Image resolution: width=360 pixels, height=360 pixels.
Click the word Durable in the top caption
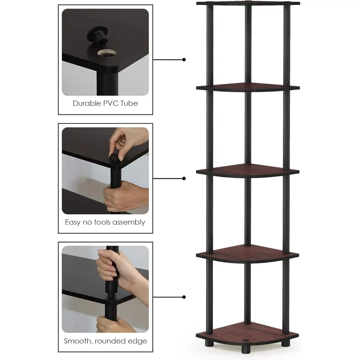[x=86, y=103]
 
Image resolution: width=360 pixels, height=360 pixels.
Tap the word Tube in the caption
[x=130, y=103]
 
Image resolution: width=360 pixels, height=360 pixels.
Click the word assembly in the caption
[x=128, y=222]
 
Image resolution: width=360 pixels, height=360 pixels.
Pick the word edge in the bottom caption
[x=138, y=341]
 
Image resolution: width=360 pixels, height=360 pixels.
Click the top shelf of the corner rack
[x=248, y=4]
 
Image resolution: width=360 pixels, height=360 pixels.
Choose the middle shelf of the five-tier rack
[x=248, y=171]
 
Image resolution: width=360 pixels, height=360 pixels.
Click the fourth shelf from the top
[x=248, y=254]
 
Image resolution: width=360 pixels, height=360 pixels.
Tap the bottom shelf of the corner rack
[x=248, y=337]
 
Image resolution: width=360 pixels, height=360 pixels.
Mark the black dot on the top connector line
[x=184, y=59]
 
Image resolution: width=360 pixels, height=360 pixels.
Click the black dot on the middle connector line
[x=184, y=178]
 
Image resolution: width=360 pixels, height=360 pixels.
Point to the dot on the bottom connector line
[x=184, y=297]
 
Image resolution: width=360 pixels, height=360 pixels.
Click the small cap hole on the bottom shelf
[x=248, y=340]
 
